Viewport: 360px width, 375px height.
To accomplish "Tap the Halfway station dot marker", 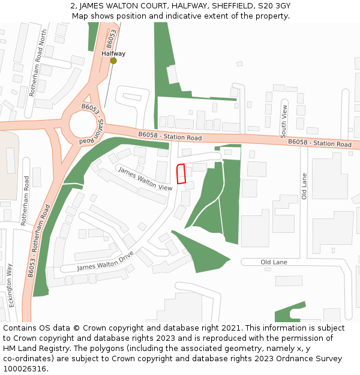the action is click(113, 61).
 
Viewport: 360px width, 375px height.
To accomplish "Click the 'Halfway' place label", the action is click(113, 53).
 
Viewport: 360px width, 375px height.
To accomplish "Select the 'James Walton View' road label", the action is click(145, 179).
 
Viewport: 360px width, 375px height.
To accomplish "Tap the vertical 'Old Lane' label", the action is click(304, 186).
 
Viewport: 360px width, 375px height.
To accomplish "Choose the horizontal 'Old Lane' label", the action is click(274, 262).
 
